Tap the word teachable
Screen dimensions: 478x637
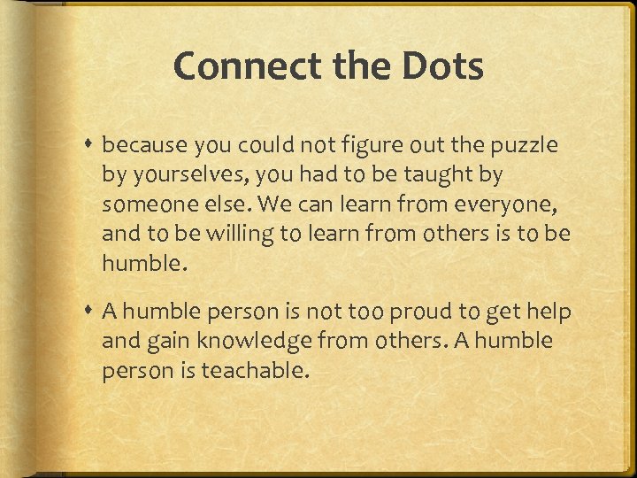click(256, 371)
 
